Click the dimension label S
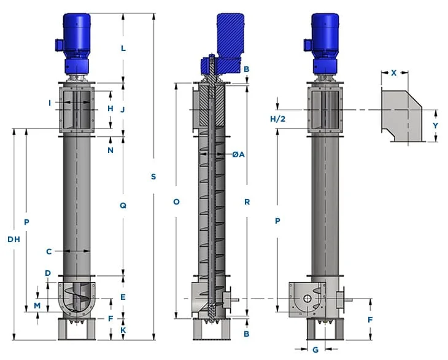pos(153,177)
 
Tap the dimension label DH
pos(14,239)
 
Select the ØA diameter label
pos(239,154)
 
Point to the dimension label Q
pos(123,205)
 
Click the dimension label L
pos(123,48)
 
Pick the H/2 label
pos(278,119)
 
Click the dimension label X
pos(394,72)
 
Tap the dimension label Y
pos(435,125)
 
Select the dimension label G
pos(315,350)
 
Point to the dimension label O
pos(176,202)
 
